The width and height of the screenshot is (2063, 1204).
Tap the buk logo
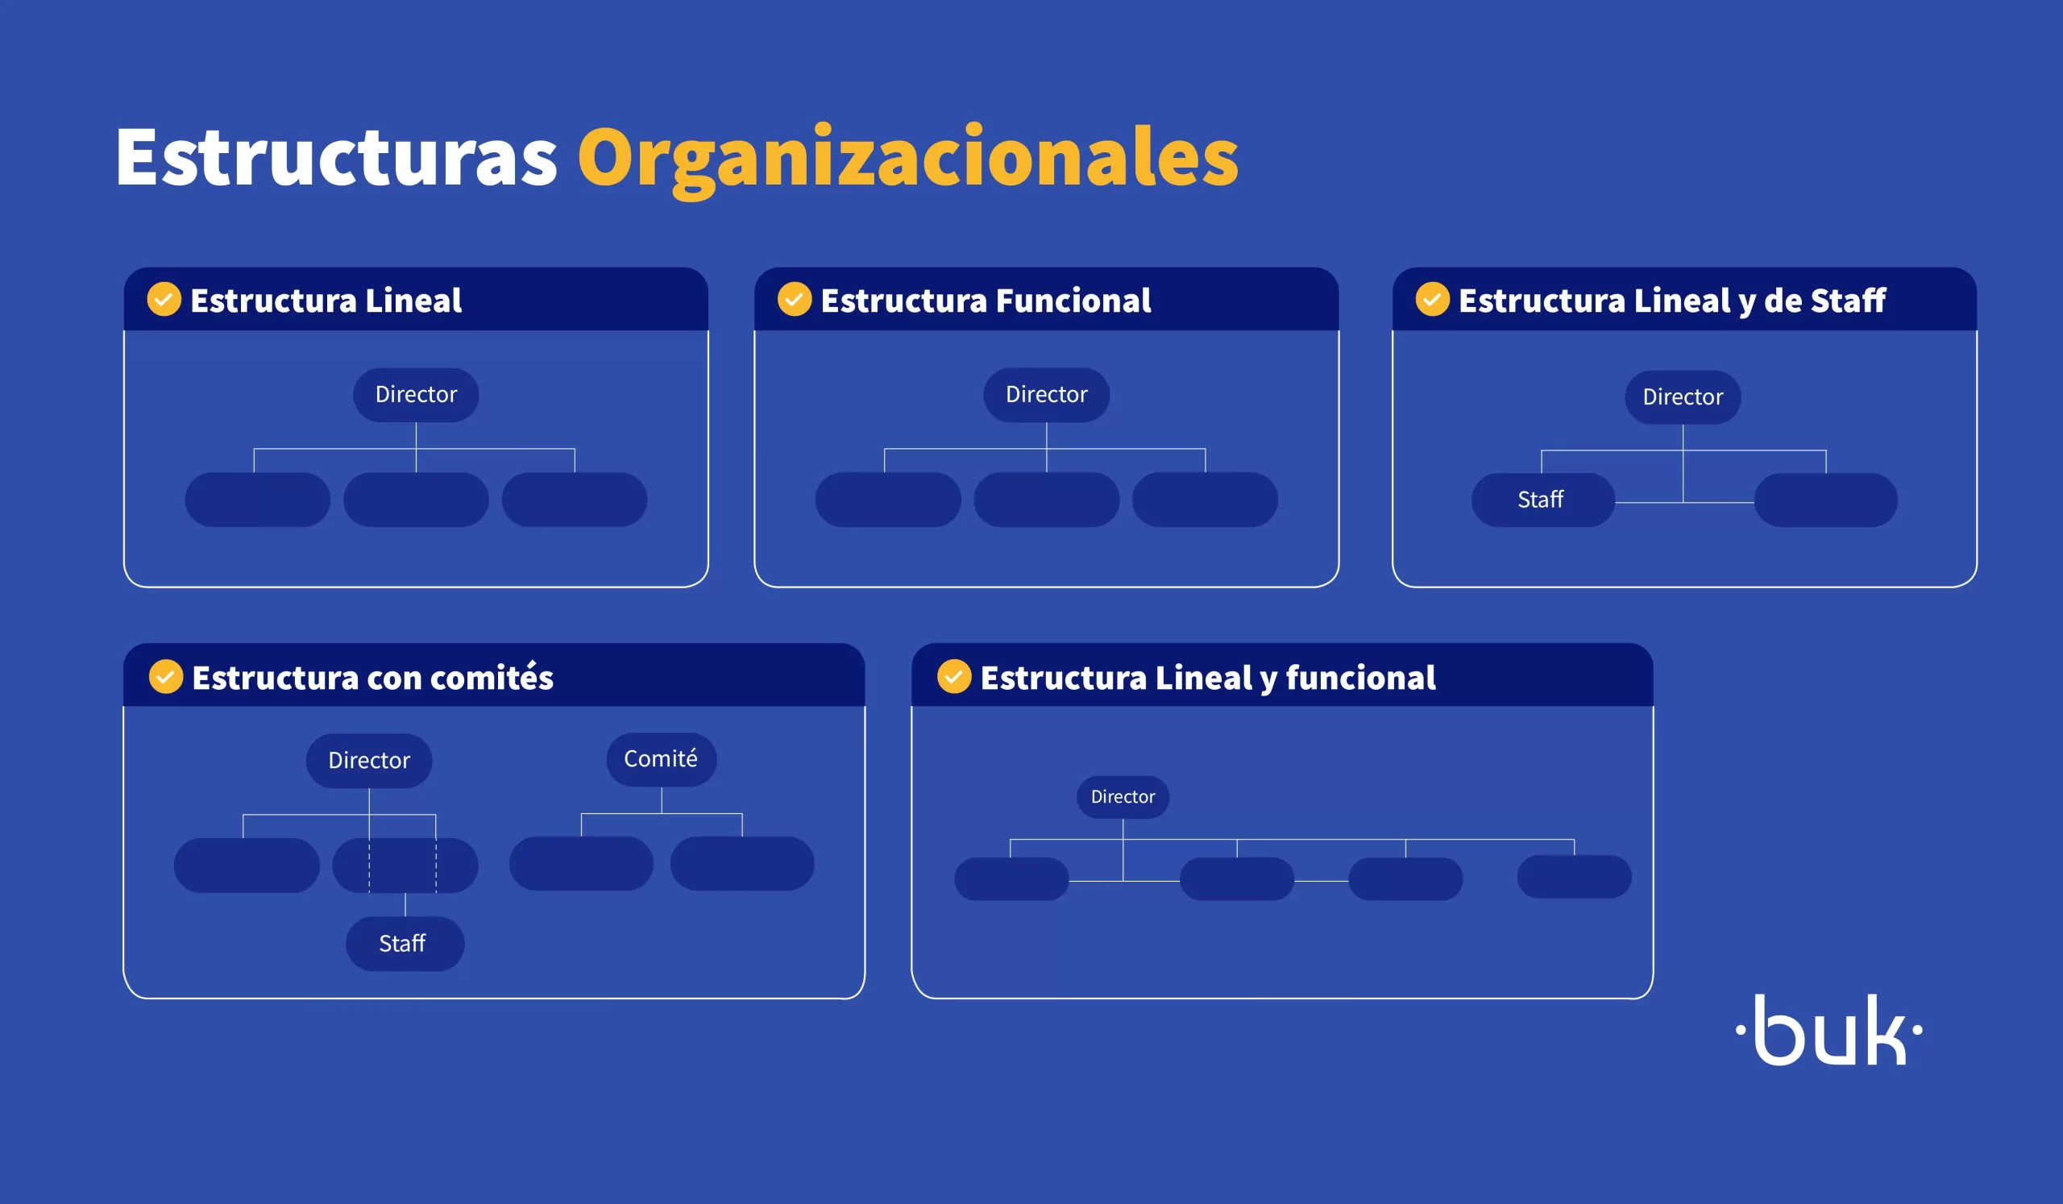tap(1828, 1030)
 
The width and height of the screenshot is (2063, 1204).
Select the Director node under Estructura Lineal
tap(416, 395)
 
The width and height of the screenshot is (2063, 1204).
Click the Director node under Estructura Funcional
tap(1046, 395)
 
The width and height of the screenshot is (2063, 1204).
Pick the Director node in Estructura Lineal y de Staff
tap(1683, 397)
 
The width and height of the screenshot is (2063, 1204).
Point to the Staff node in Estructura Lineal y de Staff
tap(1542, 500)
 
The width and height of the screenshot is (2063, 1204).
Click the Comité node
tap(661, 758)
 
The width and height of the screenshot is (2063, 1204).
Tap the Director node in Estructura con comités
tap(369, 761)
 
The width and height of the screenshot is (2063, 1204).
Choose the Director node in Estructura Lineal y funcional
tap(1123, 796)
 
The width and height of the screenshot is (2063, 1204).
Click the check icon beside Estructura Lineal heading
tap(164, 300)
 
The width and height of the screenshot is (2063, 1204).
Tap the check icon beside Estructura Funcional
tap(794, 300)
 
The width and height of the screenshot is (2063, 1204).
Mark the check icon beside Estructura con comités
tap(166, 677)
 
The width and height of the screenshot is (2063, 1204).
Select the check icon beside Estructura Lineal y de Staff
tap(1433, 300)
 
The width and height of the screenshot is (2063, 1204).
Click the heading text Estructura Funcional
tap(986, 301)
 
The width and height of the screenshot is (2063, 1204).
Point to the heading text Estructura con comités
tap(372, 678)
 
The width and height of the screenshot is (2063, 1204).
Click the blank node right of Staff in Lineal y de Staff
tap(1825, 500)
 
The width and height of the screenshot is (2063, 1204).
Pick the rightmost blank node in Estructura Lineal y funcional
tap(1574, 877)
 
